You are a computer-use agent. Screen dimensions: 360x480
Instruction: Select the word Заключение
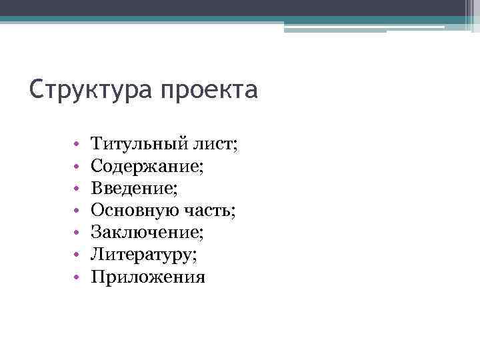point(145,233)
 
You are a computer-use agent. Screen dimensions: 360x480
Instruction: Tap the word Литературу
point(141,255)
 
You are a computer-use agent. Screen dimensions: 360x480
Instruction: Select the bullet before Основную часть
point(77,211)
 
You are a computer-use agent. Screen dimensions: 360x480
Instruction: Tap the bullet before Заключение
point(77,233)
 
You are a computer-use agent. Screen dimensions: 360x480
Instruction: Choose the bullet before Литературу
point(77,255)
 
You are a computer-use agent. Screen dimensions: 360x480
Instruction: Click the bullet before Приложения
point(77,277)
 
